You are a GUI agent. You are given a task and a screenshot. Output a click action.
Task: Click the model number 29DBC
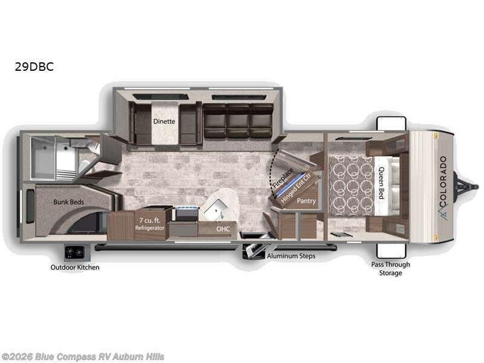click(34, 67)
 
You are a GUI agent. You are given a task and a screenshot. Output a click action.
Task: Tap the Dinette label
click(164, 121)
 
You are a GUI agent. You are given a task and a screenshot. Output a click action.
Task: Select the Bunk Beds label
click(68, 201)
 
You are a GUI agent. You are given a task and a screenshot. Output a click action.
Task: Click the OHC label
click(223, 229)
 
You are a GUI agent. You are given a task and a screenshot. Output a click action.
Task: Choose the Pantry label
click(307, 200)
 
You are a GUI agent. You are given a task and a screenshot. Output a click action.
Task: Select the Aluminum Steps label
click(291, 256)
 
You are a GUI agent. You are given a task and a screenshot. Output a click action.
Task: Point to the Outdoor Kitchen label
click(75, 267)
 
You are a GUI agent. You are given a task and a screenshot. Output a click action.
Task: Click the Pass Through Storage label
click(390, 269)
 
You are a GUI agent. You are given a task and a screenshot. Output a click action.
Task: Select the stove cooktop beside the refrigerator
click(186, 213)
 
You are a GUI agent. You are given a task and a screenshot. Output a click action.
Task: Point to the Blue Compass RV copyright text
click(83, 356)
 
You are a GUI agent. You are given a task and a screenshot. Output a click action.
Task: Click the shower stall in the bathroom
click(44, 157)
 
